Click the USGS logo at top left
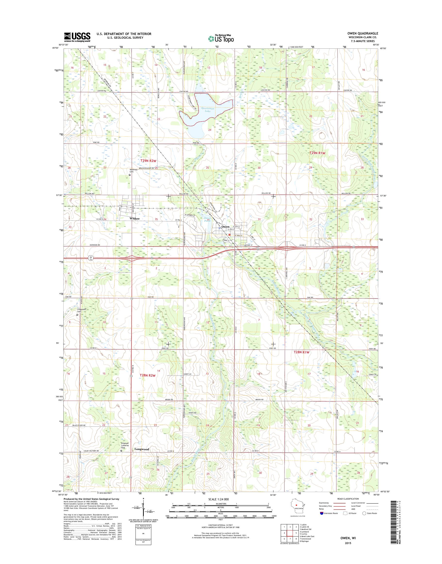pyautogui.click(x=77, y=37)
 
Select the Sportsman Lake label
pyautogui.click(x=206, y=110)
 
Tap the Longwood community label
pyautogui.click(x=142, y=449)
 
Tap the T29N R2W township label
pyautogui.click(x=149, y=161)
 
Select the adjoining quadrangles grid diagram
pyautogui.click(x=290, y=535)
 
